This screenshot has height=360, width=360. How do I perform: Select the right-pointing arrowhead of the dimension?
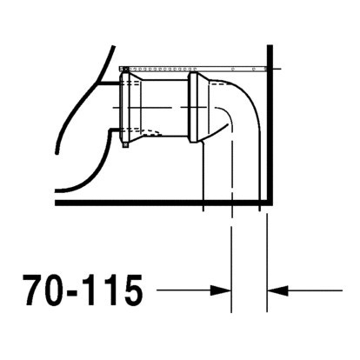[221, 290]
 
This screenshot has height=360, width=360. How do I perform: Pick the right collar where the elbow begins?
[197, 107]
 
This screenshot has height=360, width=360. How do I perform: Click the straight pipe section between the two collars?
[165, 107]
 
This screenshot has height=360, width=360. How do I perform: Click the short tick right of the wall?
[277, 67]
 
